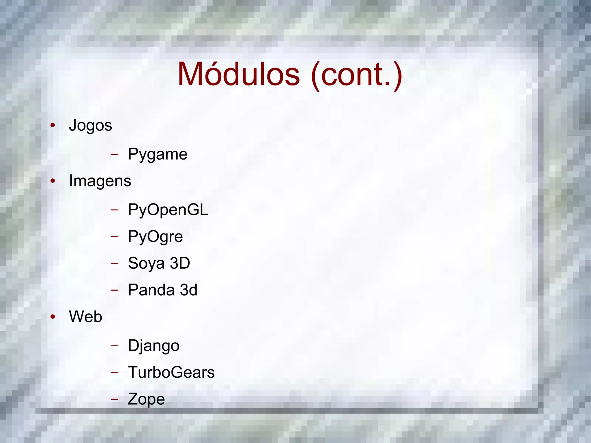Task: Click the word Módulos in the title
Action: [x=239, y=74]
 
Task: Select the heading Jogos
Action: [x=90, y=126]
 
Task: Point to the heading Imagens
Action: [x=100, y=181]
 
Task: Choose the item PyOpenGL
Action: [x=168, y=210]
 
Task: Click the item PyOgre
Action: [x=155, y=237]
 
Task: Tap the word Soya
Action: [x=146, y=263]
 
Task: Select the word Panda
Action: [x=151, y=290]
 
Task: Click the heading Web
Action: [x=85, y=317]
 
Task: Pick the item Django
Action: [x=154, y=346]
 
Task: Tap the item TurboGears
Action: [x=171, y=372]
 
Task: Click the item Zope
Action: [x=146, y=399]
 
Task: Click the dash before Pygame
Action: [x=114, y=154]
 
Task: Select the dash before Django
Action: [x=114, y=345]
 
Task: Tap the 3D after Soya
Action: [x=180, y=263]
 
